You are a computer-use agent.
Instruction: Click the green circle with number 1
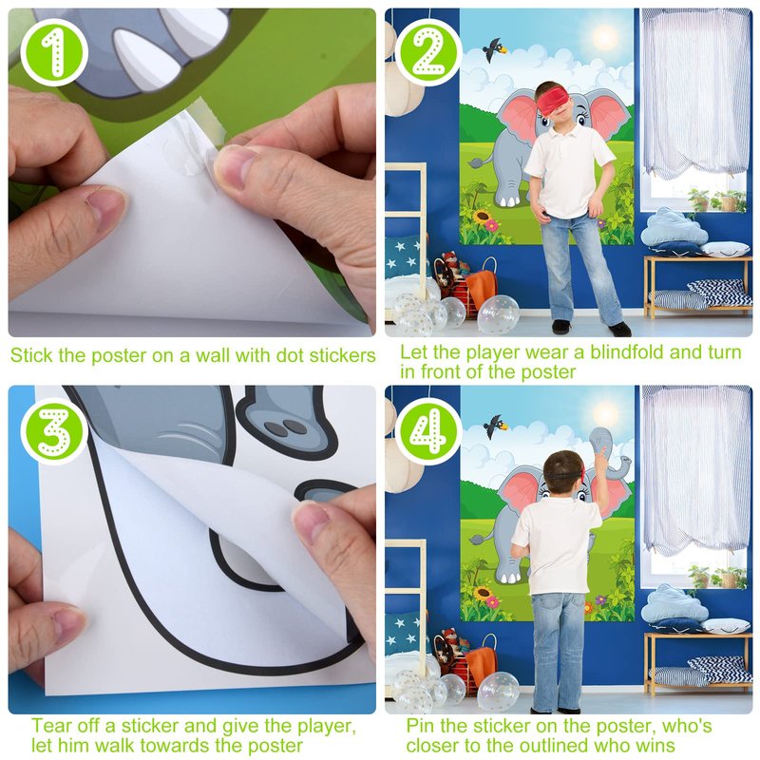[53, 52]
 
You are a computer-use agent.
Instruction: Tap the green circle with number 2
[428, 52]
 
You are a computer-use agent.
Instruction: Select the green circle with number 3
[53, 431]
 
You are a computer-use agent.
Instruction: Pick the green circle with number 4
[428, 431]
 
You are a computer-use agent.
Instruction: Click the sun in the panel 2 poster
[604, 36]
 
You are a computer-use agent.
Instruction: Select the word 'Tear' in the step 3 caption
[50, 726]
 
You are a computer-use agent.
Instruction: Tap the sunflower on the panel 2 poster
[482, 217]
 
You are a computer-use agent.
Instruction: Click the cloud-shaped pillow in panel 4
[674, 604]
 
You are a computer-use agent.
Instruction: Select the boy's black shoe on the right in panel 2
[620, 330]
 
